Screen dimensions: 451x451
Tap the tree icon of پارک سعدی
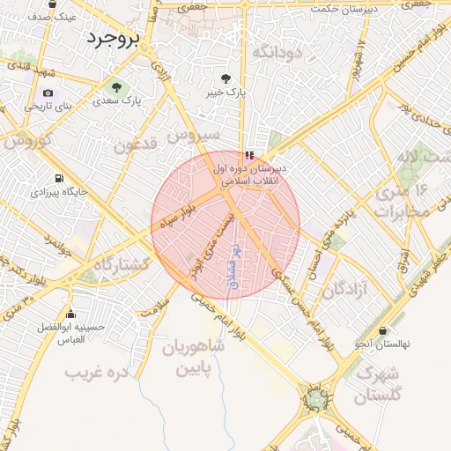point(115,87)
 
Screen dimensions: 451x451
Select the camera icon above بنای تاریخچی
point(48,92)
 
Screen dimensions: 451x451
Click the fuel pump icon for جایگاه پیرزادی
point(59,177)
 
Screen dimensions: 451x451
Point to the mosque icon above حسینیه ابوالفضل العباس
point(71,314)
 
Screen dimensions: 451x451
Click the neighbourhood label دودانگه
point(277,53)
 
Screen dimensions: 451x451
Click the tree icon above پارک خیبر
point(227,78)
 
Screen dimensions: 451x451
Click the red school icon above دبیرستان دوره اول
point(248,155)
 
